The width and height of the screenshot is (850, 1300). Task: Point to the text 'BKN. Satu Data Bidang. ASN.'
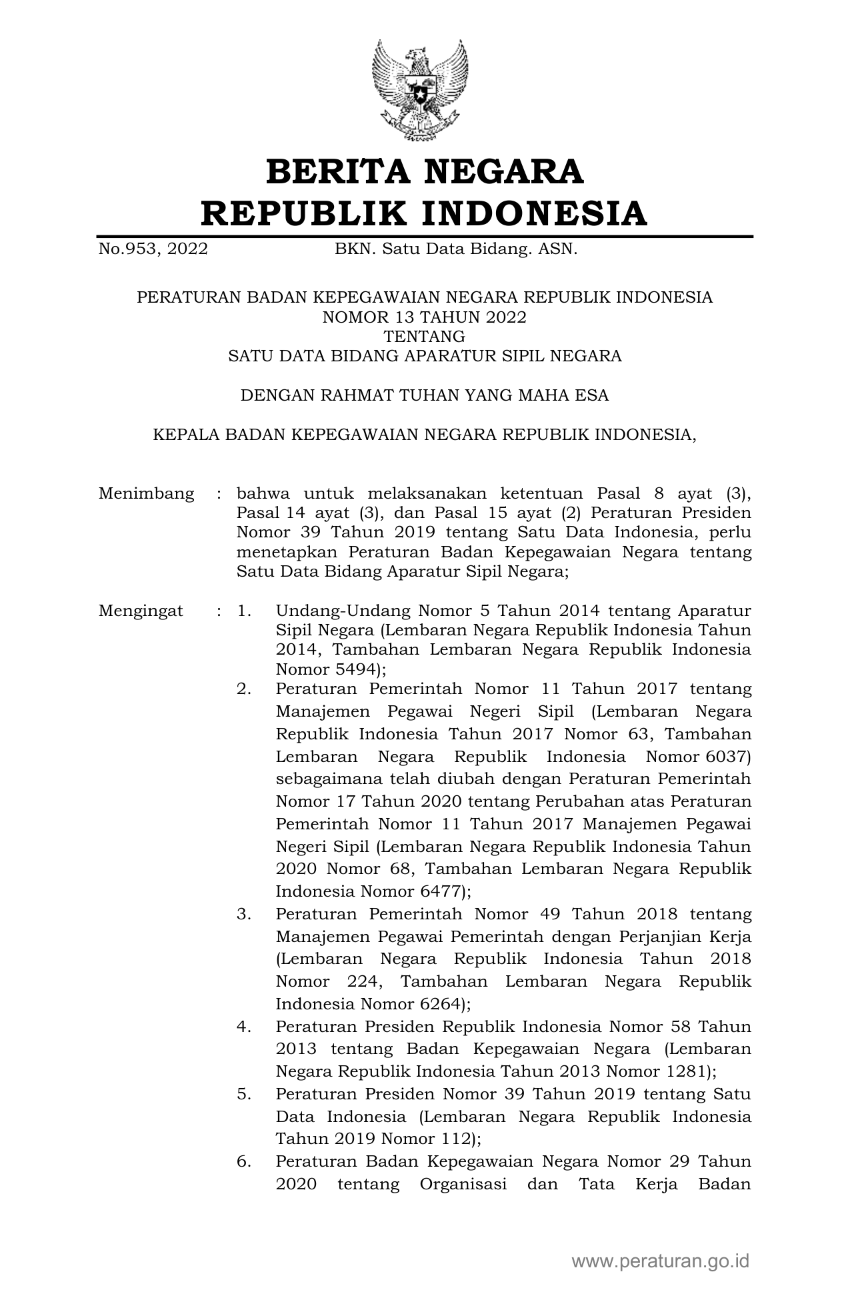(x=456, y=249)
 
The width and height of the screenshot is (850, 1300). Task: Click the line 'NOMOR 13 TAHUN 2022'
(x=425, y=317)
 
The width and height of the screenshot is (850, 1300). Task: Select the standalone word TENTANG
(x=425, y=337)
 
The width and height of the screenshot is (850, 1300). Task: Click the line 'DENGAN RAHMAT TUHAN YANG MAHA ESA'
(x=425, y=395)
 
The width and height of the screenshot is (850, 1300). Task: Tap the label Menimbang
(x=146, y=493)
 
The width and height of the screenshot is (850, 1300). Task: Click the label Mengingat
(x=141, y=611)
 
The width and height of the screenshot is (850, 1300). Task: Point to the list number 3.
(x=244, y=914)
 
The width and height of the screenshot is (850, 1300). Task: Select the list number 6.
(x=244, y=1161)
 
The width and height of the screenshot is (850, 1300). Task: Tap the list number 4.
(x=244, y=1027)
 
